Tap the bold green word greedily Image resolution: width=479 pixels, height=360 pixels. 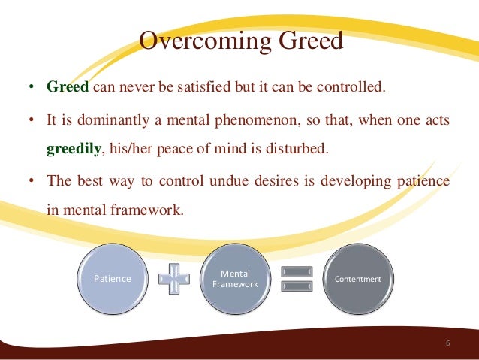tap(74, 149)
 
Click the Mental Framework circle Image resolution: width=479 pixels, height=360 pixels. tap(235, 279)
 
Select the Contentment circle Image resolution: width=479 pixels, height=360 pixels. tap(357, 279)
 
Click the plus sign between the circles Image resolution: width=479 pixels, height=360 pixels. tap(173, 279)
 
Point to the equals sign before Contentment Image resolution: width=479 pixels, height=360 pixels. tap(297, 279)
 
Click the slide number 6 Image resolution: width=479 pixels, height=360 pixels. tap(447, 343)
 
